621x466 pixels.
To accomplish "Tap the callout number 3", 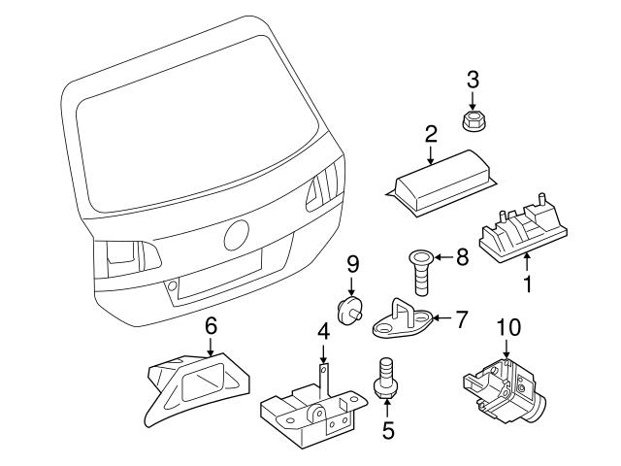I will [x=474, y=80].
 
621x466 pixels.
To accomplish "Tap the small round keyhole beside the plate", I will [x=172, y=287].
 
